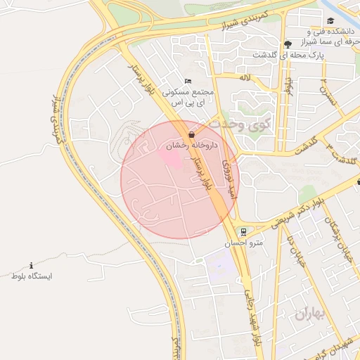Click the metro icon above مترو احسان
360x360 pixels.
point(243,231)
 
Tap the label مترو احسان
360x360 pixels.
point(243,243)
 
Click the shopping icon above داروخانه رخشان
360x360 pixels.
point(192,134)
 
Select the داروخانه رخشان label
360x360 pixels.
point(192,146)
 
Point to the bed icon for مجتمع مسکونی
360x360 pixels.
point(187,81)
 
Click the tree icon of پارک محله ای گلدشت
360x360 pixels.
point(287,44)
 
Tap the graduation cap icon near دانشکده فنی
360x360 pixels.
point(330,20)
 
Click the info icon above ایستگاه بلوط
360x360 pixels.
point(31,265)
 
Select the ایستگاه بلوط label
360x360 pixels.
point(31,276)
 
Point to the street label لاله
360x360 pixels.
point(245,76)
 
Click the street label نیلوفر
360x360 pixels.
point(288,86)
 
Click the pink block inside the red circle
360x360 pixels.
point(173,158)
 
